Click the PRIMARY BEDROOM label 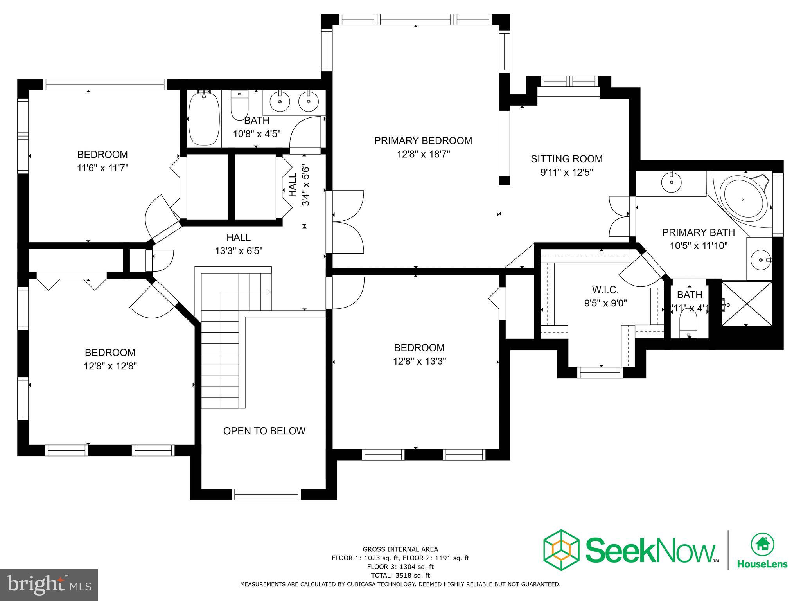pyautogui.click(x=423, y=140)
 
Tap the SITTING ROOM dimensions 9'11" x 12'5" pyautogui.click(x=566, y=172)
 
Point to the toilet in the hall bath pyautogui.click(x=239, y=105)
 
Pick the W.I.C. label pyautogui.click(x=605, y=290)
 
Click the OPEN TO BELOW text pyautogui.click(x=264, y=431)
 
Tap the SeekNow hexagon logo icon pyautogui.click(x=561, y=550)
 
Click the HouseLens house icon pyautogui.click(x=762, y=544)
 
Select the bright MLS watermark pyautogui.click(x=49, y=585)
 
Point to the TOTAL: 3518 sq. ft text pyautogui.click(x=400, y=575)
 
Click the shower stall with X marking pyautogui.click(x=746, y=303)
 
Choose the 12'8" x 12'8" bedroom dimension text pyautogui.click(x=110, y=366)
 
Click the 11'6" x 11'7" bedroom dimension pyautogui.click(x=102, y=168)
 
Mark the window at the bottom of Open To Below pyautogui.click(x=266, y=495)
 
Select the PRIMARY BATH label pyautogui.click(x=698, y=232)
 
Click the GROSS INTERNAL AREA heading pyautogui.click(x=400, y=549)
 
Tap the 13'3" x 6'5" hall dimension pyautogui.click(x=239, y=251)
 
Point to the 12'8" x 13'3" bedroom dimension pyautogui.click(x=419, y=361)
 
